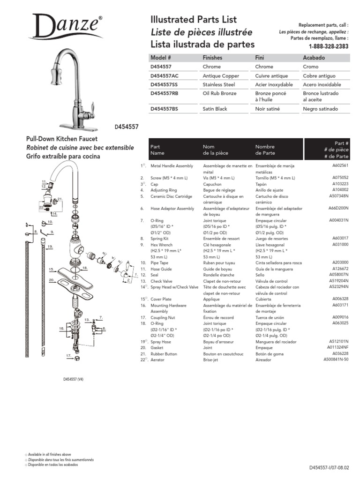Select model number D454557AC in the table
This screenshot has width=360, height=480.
[168, 76]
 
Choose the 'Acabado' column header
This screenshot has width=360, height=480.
[315, 58]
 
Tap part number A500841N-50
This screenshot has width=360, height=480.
[336, 360]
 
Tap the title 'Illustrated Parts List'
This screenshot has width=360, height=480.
[194, 20]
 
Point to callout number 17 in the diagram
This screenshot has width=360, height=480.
[68, 356]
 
